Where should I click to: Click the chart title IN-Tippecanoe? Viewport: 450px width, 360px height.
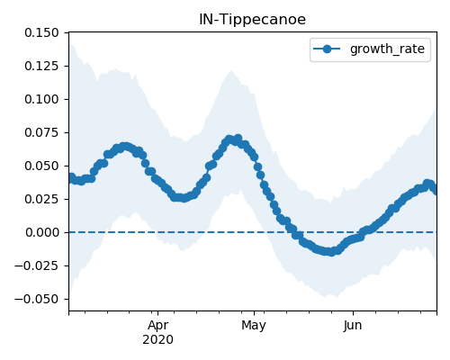point(252,20)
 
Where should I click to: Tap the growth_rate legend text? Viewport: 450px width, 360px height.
point(387,49)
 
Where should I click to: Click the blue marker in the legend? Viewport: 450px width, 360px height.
point(327,49)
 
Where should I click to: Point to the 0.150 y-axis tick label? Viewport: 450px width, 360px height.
point(41,32)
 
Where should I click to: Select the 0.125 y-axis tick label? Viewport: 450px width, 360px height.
point(41,66)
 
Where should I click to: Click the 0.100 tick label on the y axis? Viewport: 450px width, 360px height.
point(41,99)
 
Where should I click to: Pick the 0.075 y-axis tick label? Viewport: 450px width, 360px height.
point(41,132)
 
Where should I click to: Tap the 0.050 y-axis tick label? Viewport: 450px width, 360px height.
point(41,166)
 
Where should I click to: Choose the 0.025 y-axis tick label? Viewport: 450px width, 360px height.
point(41,199)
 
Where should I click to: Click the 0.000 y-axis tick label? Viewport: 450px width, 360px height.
point(41,232)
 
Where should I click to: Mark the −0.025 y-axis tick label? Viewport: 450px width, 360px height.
point(37,265)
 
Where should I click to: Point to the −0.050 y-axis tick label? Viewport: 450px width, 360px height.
point(37,299)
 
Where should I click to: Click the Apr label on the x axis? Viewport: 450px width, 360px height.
point(157,326)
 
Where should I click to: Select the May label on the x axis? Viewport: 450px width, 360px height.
point(254,326)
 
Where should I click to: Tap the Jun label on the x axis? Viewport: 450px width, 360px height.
point(353,326)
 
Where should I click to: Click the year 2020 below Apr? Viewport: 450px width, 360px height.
point(157,340)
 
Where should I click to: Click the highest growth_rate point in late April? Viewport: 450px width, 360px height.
point(238,139)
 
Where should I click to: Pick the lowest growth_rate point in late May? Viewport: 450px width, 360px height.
point(331,252)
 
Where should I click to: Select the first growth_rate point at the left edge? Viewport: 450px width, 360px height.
point(71,177)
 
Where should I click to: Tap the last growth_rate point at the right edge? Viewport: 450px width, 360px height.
point(435,190)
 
